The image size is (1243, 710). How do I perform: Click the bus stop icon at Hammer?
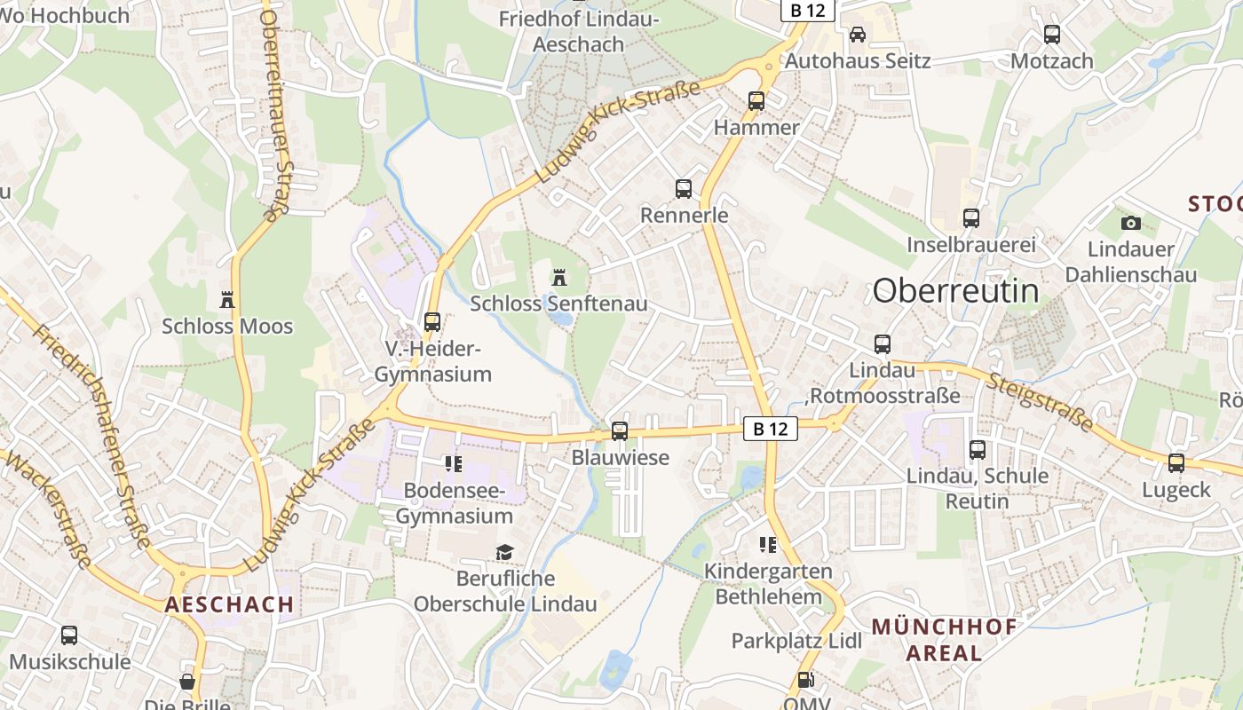coord(756,101)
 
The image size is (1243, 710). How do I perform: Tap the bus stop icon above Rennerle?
coord(684,188)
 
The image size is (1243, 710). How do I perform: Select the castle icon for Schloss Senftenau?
coord(558,278)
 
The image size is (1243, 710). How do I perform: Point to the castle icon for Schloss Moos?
coord(227,300)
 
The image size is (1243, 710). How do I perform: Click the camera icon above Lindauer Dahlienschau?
coord(1130,223)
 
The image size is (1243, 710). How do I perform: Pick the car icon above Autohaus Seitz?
coord(858,35)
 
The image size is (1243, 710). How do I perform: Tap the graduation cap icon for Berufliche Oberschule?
coord(504,553)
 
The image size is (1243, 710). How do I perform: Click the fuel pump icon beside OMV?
coord(806,680)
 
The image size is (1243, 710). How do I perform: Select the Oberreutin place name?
coord(955,290)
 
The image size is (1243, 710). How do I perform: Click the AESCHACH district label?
coord(229,604)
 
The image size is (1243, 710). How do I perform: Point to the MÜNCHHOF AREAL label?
coord(944,640)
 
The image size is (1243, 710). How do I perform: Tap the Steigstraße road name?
coord(1040,400)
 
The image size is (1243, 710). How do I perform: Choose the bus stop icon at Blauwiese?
coord(620,431)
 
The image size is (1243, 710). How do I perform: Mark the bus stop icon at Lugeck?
coord(1176,462)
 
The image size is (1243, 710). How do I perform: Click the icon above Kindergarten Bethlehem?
coord(768,544)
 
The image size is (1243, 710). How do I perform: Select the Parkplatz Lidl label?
coord(796,640)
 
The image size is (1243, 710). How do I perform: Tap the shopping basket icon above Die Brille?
coord(187,681)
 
